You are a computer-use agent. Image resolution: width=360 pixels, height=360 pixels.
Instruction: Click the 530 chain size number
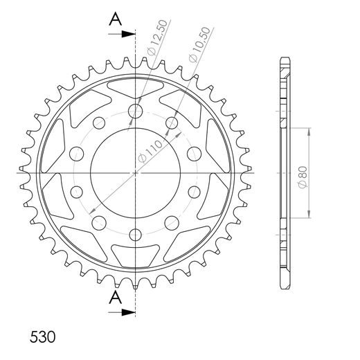pos(43,337)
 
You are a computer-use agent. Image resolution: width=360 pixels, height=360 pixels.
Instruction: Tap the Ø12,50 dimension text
pos(157,37)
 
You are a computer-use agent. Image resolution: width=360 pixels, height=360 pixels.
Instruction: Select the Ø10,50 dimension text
pos(199,44)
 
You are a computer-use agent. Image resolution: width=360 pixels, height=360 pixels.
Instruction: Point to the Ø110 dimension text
pos(150,151)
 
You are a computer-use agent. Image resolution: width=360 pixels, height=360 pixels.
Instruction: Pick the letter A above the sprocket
pos(116,19)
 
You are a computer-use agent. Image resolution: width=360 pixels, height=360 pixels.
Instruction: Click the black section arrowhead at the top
pos(129,34)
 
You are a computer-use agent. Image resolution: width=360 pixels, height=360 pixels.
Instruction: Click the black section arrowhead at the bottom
pos(129,312)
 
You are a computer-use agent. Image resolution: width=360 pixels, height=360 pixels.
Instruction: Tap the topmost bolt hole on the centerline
pos(135,111)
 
